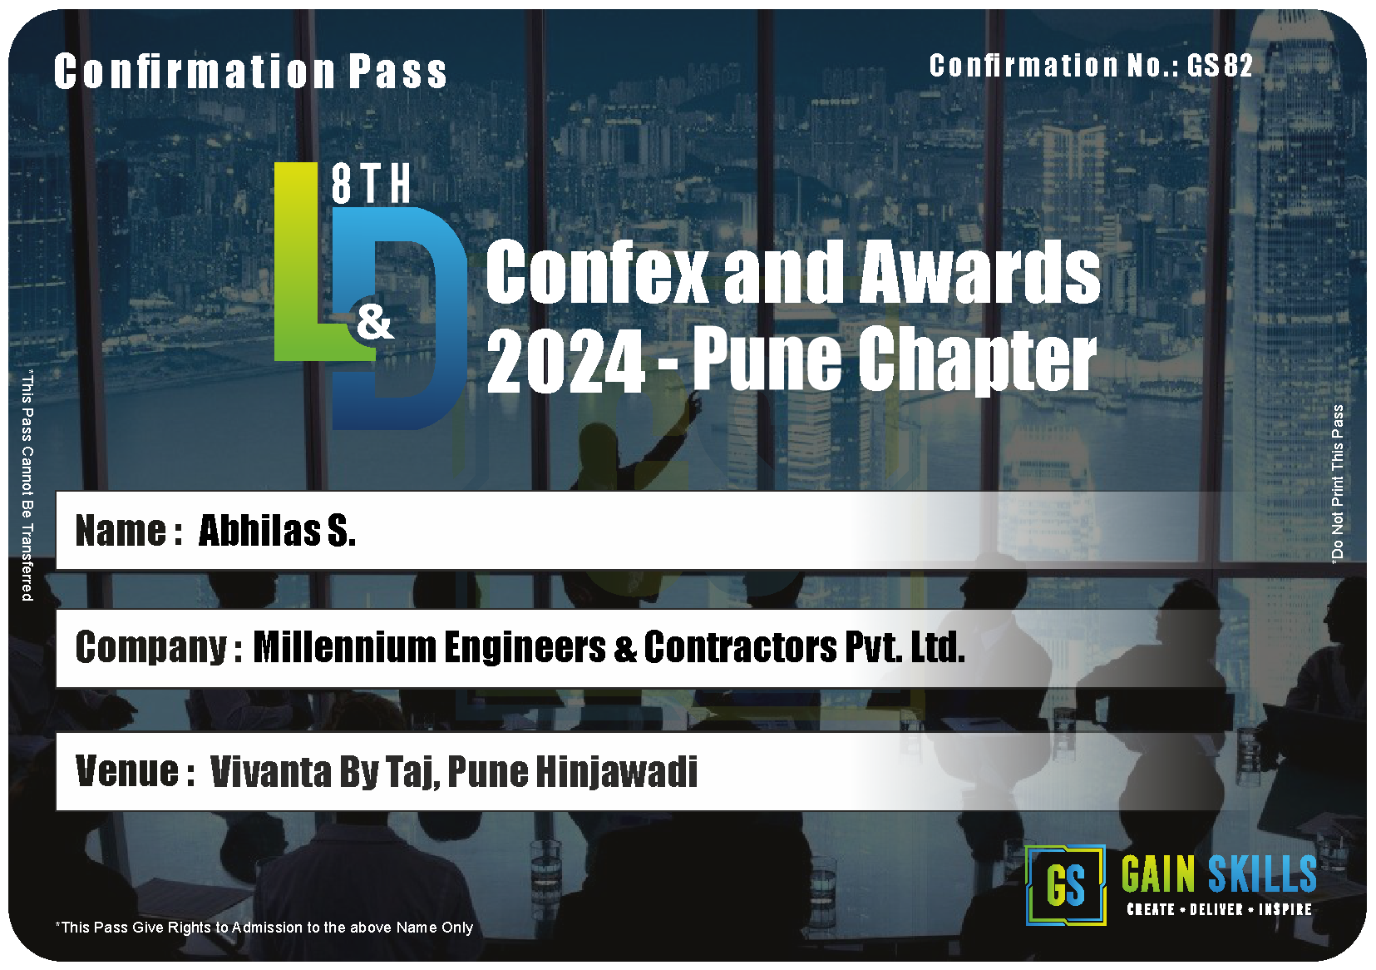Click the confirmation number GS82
(x=1219, y=65)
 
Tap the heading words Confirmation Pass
(x=250, y=72)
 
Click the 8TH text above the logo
(x=371, y=184)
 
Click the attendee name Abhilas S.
(x=277, y=530)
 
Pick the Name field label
(x=129, y=530)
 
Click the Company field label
(x=158, y=649)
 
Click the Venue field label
(x=136, y=771)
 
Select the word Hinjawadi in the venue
(x=617, y=772)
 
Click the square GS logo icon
(x=1066, y=885)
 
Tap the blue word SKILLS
(x=1262, y=873)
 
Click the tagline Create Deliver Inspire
(x=1220, y=910)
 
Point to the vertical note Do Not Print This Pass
(x=1337, y=483)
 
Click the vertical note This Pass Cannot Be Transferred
(x=27, y=485)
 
